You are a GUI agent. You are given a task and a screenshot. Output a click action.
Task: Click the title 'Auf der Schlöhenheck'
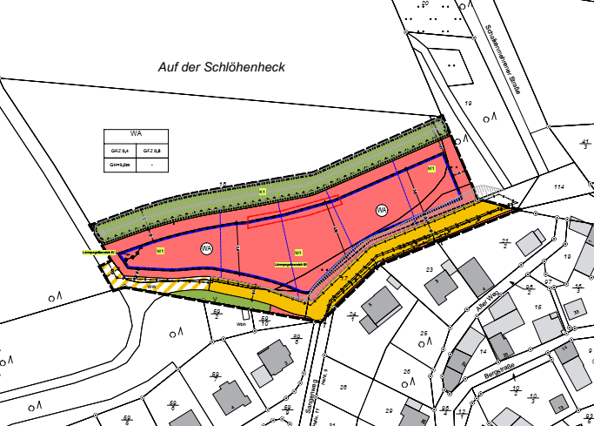[x=221, y=66]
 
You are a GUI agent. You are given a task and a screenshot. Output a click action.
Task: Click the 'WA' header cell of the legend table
[x=136, y=134]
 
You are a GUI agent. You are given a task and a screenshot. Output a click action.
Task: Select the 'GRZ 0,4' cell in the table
[x=119, y=150]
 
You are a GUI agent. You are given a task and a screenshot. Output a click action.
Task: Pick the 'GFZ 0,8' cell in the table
[x=151, y=150]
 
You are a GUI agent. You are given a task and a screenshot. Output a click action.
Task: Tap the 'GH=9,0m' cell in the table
[x=119, y=163]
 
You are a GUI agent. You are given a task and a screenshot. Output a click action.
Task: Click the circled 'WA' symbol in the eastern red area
[x=381, y=210]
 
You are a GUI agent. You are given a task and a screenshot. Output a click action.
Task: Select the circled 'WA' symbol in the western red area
[x=206, y=248]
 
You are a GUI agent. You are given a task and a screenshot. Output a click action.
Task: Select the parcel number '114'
[x=558, y=187]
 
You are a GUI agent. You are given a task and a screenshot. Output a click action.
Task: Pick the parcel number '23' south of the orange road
[x=429, y=270]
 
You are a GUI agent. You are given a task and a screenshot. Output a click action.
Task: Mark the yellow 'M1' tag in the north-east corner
[x=430, y=168]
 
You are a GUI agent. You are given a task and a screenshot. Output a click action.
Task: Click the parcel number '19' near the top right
[x=467, y=103]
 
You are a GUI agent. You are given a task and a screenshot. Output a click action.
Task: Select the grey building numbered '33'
[x=575, y=312]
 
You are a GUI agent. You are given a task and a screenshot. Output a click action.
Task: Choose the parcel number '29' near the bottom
[x=389, y=409]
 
